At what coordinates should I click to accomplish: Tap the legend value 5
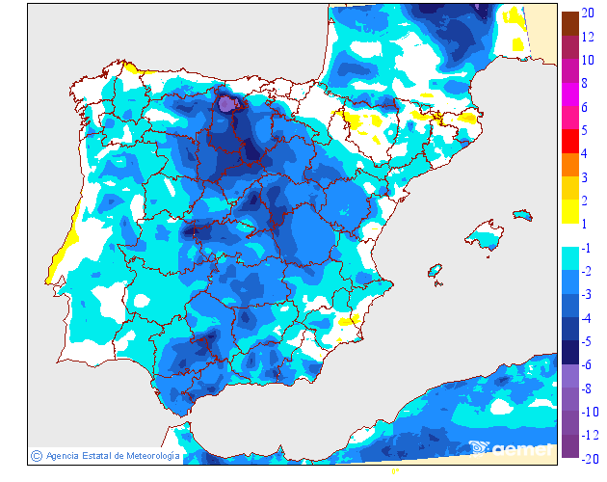(x=587, y=129)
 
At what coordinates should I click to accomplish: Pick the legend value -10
(x=591, y=412)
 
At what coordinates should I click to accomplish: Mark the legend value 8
(x=587, y=83)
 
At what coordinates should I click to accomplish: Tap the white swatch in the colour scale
(x=569, y=235)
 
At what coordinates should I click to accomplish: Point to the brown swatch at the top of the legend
(x=569, y=22)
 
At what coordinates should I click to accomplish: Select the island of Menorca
(x=523, y=214)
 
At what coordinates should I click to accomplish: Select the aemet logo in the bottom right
(x=511, y=447)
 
